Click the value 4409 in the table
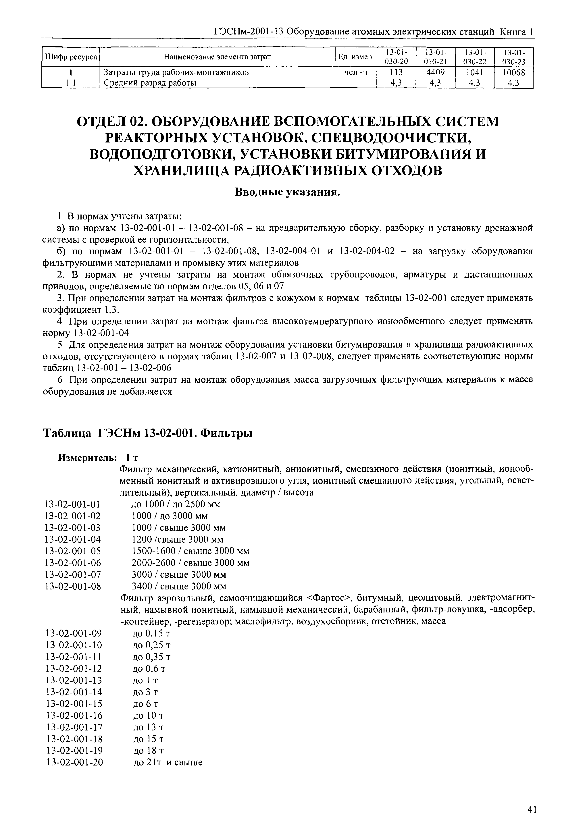[435, 72]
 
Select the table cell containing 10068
[513, 72]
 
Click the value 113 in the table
[396, 72]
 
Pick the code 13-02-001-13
[75, 680]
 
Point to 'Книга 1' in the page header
[517, 32]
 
